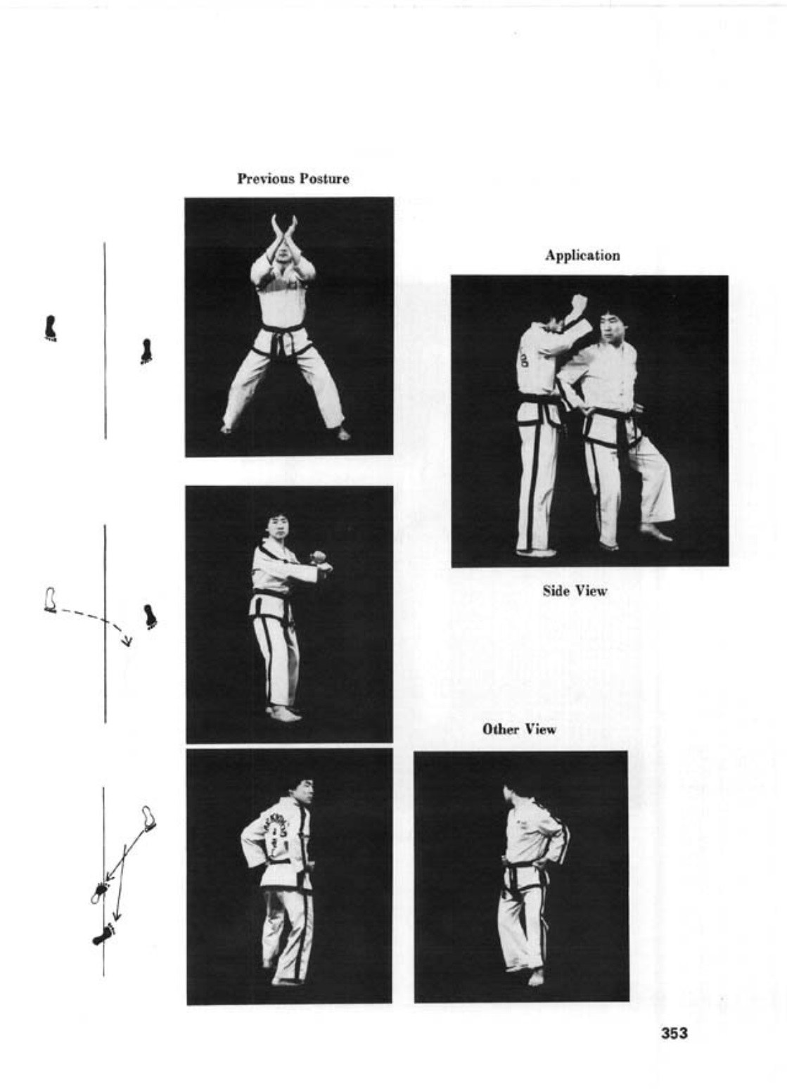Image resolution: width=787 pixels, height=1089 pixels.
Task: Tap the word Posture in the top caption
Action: [324, 179]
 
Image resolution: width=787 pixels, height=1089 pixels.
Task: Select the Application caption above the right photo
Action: [582, 256]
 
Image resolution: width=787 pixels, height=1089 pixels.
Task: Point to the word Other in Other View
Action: [501, 730]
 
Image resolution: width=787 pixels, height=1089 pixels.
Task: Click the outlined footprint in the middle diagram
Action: [50, 599]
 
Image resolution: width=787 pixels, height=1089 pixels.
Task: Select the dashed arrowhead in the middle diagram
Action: [127, 642]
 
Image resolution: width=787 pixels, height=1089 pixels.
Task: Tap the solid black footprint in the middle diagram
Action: [151, 617]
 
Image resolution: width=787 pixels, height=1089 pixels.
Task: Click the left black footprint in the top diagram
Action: [50, 329]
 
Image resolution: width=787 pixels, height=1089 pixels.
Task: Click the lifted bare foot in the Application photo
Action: [656, 532]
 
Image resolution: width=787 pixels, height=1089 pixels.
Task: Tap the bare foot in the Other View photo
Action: [536, 976]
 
